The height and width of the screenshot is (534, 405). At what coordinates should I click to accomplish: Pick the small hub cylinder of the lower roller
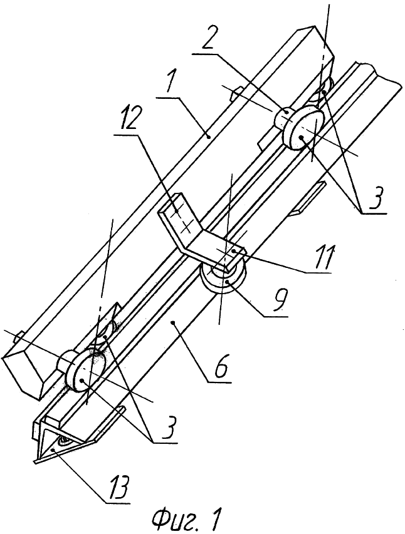[x=66, y=362]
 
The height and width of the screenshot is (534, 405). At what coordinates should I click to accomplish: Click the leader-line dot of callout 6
[x=174, y=322]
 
